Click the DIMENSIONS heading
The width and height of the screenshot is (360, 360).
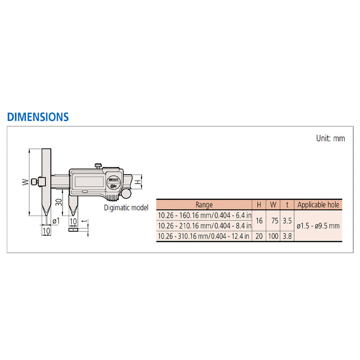pos(38,117)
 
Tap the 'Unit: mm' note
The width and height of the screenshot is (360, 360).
pos(330,138)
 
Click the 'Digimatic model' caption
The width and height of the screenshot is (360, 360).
pos(126,208)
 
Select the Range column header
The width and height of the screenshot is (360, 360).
pos(204,205)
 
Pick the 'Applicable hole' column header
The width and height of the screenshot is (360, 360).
pos(318,205)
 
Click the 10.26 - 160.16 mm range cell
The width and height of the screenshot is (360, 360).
pos(204,215)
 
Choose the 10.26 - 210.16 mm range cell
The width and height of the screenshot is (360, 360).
pos(204,225)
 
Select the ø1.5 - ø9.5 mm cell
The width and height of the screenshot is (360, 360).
pos(318,225)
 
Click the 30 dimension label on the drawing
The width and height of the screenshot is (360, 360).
pos(58,201)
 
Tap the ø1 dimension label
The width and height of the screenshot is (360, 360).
pos(57,220)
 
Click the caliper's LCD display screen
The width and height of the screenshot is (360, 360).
pos(88,181)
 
